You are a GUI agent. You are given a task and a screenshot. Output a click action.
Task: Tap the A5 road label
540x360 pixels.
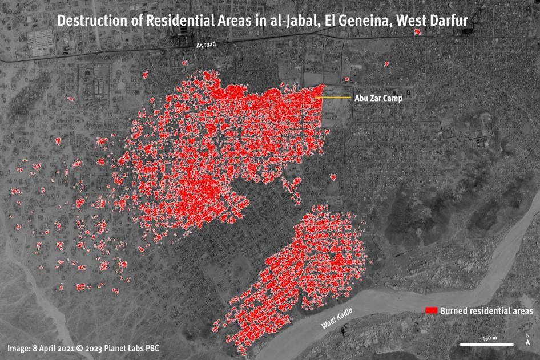click(206, 44)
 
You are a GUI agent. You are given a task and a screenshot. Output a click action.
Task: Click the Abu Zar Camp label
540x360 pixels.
click(378, 98)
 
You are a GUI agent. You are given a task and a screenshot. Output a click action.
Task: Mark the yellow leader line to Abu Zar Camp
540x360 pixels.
click(333, 98)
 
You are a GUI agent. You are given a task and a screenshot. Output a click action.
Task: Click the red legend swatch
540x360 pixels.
click(432, 310)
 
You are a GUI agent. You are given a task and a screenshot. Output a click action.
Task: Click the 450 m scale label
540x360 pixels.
click(489, 338)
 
